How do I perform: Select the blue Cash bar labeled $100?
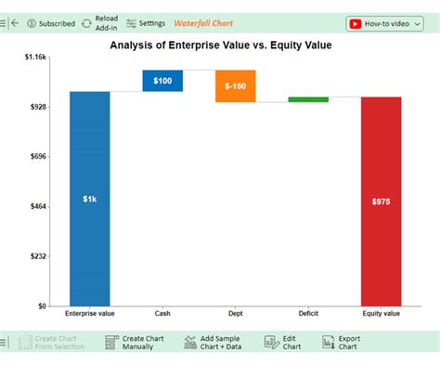[x=162, y=81]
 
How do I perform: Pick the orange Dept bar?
[x=235, y=85]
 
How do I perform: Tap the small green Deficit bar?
[x=308, y=99]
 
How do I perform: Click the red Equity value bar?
[x=381, y=201]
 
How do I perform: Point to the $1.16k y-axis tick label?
[x=34, y=58]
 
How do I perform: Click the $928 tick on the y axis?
[x=37, y=107]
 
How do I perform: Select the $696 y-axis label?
[x=37, y=157]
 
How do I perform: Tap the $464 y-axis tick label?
[x=37, y=206]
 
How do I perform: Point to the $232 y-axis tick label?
[x=37, y=256]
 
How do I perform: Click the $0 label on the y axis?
[x=41, y=306]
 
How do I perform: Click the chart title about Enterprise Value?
[x=220, y=44]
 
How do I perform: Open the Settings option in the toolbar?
[x=146, y=23]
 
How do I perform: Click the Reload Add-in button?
[x=99, y=23]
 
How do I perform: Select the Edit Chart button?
[x=283, y=343]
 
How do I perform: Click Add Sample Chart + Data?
[x=215, y=343]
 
